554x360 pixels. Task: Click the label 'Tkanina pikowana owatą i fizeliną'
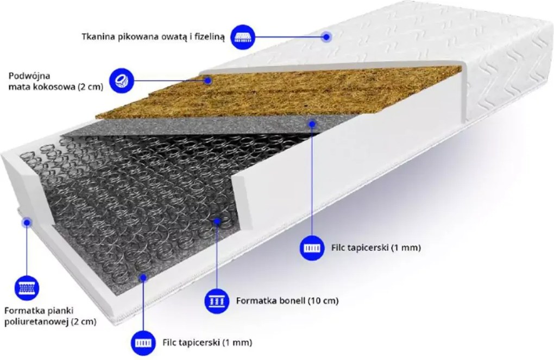[153, 37]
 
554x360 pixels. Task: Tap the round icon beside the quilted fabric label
[243, 37]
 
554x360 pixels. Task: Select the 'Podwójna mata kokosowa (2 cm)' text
[56, 81]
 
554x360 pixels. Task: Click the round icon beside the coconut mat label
[122, 80]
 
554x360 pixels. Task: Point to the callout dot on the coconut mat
[209, 80]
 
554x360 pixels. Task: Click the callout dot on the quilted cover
[327, 36]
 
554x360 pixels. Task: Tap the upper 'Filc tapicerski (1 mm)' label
[376, 248]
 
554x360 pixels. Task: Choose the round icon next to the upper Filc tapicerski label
[312, 248]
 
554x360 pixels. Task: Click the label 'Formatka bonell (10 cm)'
[287, 301]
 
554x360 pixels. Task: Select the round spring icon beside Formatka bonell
[217, 301]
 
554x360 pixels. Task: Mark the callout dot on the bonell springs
[217, 221]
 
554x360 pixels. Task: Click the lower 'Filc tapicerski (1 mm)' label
[207, 342]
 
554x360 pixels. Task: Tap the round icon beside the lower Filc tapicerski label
[143, 343]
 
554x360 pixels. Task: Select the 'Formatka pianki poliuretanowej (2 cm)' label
[50, 316]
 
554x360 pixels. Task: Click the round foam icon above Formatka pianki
[27, 288]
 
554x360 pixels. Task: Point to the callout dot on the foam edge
[27, 222]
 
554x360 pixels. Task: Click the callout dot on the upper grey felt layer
[312, 124]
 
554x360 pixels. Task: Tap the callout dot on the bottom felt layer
[143, 277]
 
